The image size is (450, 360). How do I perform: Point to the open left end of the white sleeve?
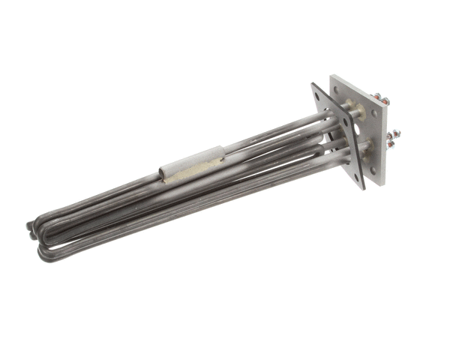163,177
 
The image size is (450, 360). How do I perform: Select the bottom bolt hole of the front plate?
356,179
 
